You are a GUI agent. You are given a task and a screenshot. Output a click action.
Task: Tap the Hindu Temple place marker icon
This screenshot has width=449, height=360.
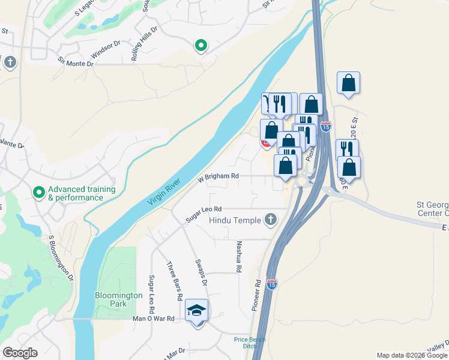pyautogui.click(x=271, y=220)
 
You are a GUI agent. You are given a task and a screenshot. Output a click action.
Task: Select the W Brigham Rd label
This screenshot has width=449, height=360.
pyautogui.click(x=218, y=177)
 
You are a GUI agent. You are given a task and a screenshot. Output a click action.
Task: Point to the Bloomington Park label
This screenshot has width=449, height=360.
pyautogui.click(x=119, y=299)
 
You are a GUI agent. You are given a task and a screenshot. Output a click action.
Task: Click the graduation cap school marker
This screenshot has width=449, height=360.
pyautogui.click(x=196, y=310)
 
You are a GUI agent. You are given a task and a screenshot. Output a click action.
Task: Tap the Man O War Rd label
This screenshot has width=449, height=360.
pyautogui.click(x=153, y=319)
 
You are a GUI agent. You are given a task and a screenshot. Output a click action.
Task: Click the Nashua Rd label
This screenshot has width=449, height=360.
pyautogui.click(x=238, y=257)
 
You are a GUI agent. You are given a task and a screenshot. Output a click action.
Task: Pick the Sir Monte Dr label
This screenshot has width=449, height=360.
pyautogui.click(x=76, y=61)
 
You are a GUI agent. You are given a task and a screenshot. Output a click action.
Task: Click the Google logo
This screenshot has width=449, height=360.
pyautogui.click(x=20, y=353)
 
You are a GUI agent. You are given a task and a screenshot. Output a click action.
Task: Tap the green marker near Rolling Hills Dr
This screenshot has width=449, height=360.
pyautogui.click(x=201, y=45)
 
